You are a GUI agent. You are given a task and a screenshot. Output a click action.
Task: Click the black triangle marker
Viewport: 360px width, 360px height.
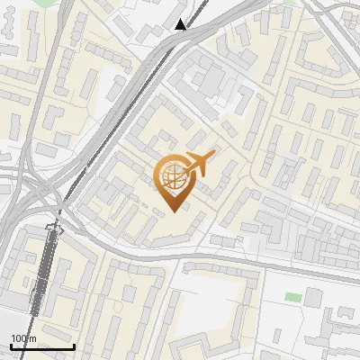click(x=181, y=24)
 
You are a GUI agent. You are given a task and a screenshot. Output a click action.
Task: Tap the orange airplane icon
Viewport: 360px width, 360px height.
click(x=198, y=165)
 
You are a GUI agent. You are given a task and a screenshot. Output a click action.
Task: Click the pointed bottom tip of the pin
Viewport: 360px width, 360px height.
click(x=173, y=211)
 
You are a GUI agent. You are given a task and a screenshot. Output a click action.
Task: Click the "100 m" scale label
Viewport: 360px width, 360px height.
click(x=23, y=338)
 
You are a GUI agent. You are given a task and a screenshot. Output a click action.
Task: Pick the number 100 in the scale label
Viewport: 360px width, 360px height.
click(x=19, y=338)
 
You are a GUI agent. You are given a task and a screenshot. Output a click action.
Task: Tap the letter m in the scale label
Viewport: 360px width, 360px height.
click(x=32, y=338)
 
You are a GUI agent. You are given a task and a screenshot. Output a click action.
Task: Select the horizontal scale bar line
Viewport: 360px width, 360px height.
click(x=42, y=346)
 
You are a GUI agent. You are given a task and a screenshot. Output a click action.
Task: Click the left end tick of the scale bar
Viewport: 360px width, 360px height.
click(x=11, y=345)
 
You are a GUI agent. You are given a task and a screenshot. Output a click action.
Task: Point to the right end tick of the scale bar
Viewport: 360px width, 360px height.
click(x=74, y=345)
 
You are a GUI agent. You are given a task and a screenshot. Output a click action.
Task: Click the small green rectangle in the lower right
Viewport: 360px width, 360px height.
click(x=293, y=296)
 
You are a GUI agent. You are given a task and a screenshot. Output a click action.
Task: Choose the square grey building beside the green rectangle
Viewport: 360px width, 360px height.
click(x=315, y=298)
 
